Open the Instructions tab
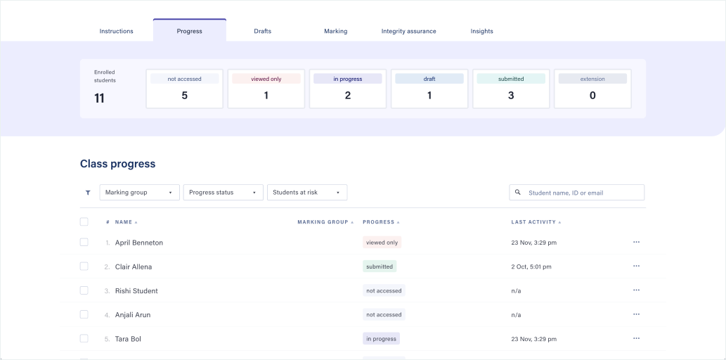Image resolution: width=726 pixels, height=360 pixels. (116, 31)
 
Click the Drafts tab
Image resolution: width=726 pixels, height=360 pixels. (262, 31)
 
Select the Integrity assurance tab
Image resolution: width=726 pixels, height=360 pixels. (408, 31)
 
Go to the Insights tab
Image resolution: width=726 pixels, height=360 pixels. (481, 31)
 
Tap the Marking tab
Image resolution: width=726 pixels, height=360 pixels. (335, 31)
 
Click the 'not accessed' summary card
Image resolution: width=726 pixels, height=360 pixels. (184, 89)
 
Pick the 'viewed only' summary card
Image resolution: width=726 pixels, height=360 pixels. (266, 89)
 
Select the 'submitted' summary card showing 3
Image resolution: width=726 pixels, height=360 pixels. (511, 89)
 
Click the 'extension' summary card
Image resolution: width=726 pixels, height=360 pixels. (592, 89)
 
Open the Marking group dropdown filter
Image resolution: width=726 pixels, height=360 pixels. (139, 193)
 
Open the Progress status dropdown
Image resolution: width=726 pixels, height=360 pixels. (223, 193)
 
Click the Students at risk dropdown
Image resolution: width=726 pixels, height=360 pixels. (306, 193)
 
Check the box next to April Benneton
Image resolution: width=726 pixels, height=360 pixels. (84, 243)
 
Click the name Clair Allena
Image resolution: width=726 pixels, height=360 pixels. (134, 267)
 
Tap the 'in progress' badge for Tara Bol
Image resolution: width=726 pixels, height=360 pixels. (381, 339)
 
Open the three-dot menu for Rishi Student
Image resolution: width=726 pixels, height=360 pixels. (636, 290)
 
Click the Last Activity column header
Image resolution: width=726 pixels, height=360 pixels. (533, 222)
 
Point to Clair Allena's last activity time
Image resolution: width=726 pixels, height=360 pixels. (531, 267)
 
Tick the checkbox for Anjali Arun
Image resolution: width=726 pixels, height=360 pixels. (84, 314)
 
